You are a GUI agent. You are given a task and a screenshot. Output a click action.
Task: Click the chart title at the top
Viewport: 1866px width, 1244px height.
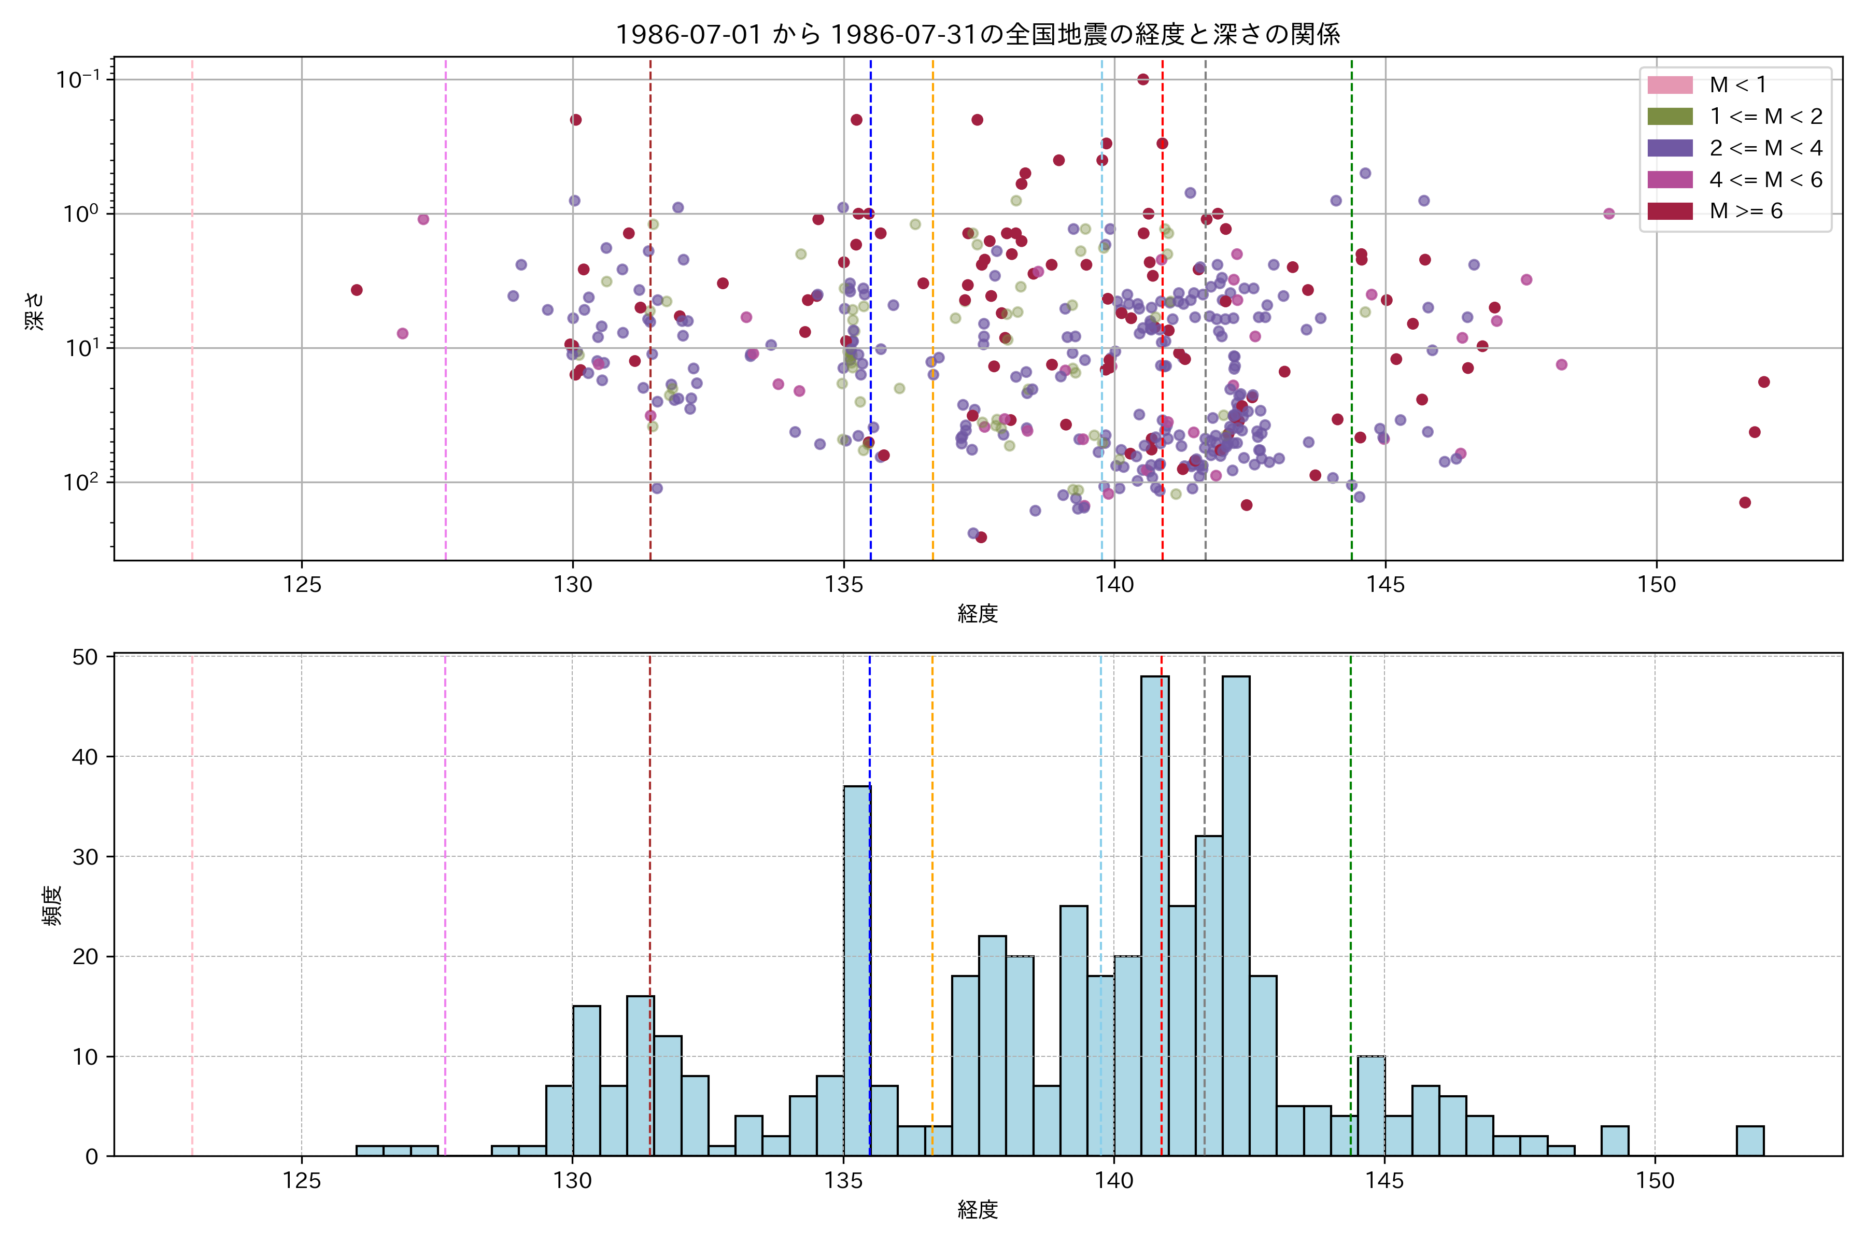pyautogui.click(x=978, y=35)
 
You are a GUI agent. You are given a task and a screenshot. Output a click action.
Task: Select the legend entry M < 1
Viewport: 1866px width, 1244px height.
pyautogui.click(x=1737, y=85)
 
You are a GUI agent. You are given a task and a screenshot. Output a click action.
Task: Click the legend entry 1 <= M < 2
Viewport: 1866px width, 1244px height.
pyautogui.click(x=1765, y=117)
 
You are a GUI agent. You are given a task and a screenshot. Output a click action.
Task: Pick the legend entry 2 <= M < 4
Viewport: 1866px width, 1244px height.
pyautogui.click(x=1765, y=148)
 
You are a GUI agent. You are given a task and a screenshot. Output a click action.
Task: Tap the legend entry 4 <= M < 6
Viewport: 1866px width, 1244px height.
pyautogui.click(x=1765, y=180)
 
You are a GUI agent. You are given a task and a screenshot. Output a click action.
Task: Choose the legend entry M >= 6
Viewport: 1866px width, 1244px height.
pyautogui.click(x=1745, y=211)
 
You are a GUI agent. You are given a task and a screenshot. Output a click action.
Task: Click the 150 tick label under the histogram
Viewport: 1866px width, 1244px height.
pyautogui.click(x=1655, y=1181)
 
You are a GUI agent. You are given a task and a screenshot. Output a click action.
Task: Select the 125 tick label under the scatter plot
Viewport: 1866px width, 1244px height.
pyautogui.click(x=302, y=586)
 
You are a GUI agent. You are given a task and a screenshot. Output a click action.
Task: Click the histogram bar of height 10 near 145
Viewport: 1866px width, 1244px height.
pyautogui.click(x=1371, y=1106)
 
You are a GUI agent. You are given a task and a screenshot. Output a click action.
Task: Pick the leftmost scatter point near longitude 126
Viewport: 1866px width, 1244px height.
pyautogui.click(x=357, y=290)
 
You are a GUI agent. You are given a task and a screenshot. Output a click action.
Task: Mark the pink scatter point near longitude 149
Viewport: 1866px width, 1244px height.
pyautogui.click(x=1609, y=214)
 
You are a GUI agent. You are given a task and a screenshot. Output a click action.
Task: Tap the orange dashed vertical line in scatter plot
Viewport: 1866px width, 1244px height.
pyautogui.click(x=933, y=317)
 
